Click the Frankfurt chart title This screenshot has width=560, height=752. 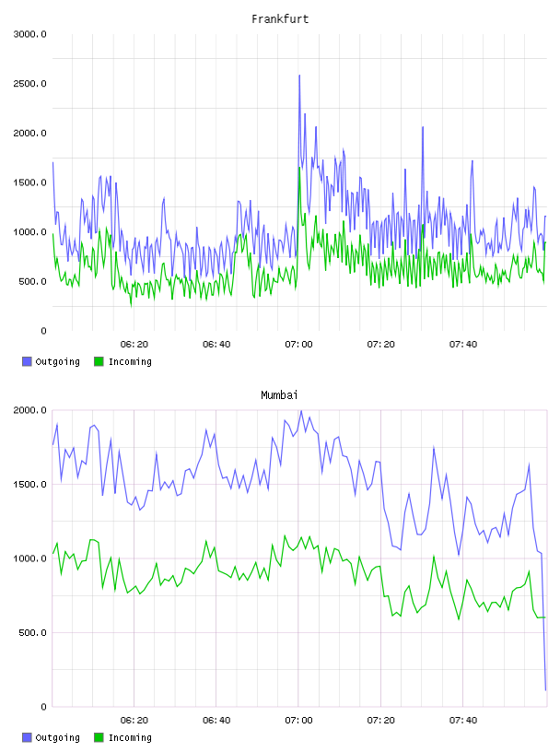pos(280,18)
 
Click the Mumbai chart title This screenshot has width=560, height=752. pos(279,394)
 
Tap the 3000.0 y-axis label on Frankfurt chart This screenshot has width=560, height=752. pos(29,34)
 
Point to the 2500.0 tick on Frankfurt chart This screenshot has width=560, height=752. pos(29,84)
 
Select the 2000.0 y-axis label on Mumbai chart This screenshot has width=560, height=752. pos(29,410)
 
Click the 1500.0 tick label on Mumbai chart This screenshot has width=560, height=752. pos(29,485)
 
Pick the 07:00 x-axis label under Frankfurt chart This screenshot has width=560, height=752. pos(298,345)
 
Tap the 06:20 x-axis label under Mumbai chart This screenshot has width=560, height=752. pos(134,721)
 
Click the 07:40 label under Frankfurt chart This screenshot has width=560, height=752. pos(463,345)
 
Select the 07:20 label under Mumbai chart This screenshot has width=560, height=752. pos(380,721)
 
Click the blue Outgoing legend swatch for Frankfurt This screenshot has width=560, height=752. pos(27,361)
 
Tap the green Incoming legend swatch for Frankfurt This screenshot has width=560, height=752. pos(99,361)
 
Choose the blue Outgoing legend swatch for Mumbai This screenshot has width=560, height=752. pos(27,737)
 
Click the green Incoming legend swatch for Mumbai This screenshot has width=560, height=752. pos(99,737)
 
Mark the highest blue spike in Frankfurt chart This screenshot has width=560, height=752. pos(299,76)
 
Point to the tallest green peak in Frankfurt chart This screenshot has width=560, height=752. pos(299,168)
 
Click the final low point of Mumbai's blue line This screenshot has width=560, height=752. pos(545,690)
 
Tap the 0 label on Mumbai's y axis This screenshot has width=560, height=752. pos(43,707)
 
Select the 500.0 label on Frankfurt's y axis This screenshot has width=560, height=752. pos(32,281)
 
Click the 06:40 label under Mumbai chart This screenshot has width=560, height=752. pos(216,721)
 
